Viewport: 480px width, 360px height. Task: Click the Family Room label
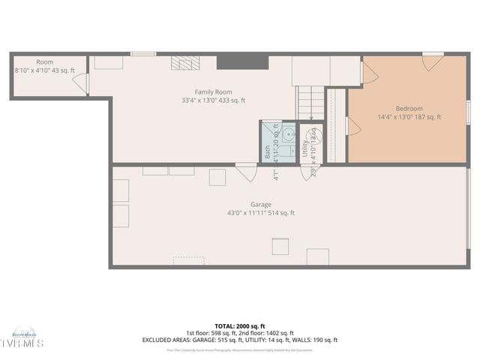(213, 91)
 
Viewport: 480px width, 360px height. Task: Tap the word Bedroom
(409, 108)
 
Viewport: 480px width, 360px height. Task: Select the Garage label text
(261, 204)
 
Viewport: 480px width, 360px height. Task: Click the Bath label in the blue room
(268, 151)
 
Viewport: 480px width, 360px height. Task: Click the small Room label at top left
(44, 61)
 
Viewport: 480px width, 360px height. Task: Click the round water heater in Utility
(315, 137)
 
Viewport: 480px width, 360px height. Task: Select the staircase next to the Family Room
(310, 103)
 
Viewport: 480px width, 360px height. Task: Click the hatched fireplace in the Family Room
(184, 63)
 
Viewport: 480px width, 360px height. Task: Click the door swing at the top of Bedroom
(432, 62)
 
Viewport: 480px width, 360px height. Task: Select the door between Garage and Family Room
(245, 172)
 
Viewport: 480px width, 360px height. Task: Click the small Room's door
(85, 82)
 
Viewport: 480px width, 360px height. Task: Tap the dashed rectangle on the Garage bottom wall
(188, 260)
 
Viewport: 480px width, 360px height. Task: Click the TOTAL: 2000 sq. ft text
(239, 326)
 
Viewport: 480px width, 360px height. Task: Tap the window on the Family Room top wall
(143, 53)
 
